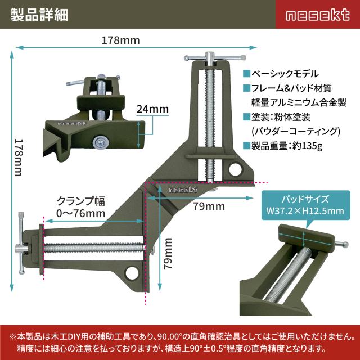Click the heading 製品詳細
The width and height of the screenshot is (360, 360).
pyautogui.click(x=39, y=15)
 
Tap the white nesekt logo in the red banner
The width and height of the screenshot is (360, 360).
pyautogui.click(x=318, y=15)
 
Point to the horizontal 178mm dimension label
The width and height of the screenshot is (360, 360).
pyautogui.click(x=121, y=40)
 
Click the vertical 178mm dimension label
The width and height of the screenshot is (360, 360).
pyautogui.click(x=19, y=157)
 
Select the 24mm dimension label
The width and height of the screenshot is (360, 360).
pyautogui.click(x=152, y=109)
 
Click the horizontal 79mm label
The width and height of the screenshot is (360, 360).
pyautogui.click(x=209, y=206)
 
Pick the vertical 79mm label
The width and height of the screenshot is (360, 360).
pyautogui.click(x=168, y=254)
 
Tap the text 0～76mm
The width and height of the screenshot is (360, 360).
pyautogui.click(x=81, y=213)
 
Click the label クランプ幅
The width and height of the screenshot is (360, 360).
pyautogui.click(x=80, y=201)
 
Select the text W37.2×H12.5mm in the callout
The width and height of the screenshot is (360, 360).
pyautogui.click(x=305, y=211)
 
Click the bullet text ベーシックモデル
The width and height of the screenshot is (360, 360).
pyautogui.click(x=285, y=74)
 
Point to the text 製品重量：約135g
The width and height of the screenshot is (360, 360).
pyautogui.click(x=287, y=146)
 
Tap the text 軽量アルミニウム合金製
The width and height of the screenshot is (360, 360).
pyautogui.click(x=299, y=102)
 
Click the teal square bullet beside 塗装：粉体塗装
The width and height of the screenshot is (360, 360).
pyautogui.click(x=246, y=117)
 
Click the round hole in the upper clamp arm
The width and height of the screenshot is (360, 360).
pyautogui.click(x=236, y=169)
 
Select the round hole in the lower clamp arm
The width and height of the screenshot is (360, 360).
pyautogui.click(x=132, y=273)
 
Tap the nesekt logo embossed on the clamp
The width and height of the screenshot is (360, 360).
pyautogui.click(x=183, y=190)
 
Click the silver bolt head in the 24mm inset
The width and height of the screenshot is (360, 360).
pyautogui.click(x=101, y=142)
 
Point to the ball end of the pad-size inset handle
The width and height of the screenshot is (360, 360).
pyautogui.click(x=345, y=245)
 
